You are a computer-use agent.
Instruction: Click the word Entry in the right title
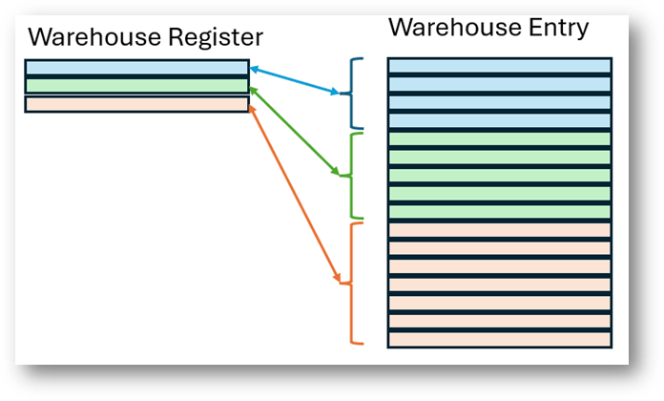pyautogui.click(x=551, y=28)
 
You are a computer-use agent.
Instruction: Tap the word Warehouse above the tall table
pyautogui.click(x=447, y=28)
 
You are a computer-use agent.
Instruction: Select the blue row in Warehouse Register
pyautogui.click(x=136, y=68)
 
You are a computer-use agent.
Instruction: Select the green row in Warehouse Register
pyautogui.click(x=136, y=86)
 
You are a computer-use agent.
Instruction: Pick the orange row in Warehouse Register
pyautogui.click(x=136, y=104)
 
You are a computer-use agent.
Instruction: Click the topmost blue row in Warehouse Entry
pyautogui.click(x=499, y=66)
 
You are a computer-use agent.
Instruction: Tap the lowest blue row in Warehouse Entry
pyautogui.click(x=499, y=120)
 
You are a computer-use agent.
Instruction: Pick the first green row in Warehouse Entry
pyautogui.click(x=499, y=138)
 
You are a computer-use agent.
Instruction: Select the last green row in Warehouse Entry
pyautogui.click(x=499, y=211)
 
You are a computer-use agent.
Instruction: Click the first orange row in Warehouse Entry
pyautogui.click(x=499, y=230)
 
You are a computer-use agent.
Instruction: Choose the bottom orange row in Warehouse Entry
pyautogui.click(x=499, y=339)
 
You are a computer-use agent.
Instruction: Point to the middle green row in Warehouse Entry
pyautogui.click(x=499, y=175)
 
